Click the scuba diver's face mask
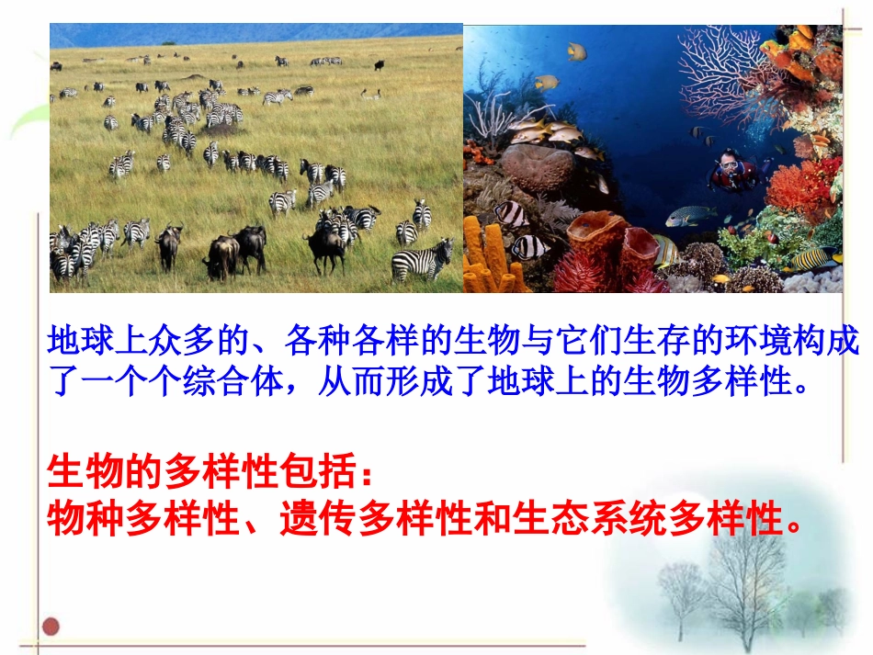728,166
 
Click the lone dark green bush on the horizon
168,43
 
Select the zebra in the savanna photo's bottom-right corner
423,260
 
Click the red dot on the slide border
52,627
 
